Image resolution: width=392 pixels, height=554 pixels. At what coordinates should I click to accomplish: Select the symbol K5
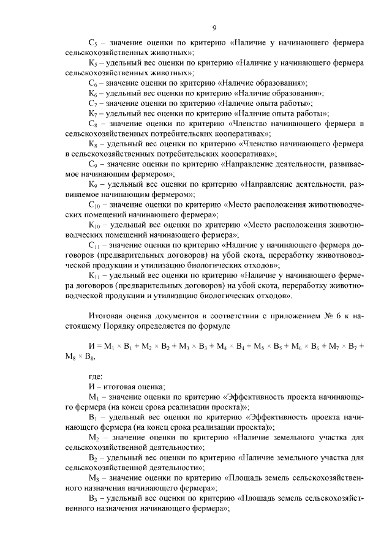click(x=92, y=62)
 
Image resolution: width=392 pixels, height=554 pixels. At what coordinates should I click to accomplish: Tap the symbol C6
click(x=92, y=82)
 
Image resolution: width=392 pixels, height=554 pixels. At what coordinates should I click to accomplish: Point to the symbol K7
click(x=92, y=113)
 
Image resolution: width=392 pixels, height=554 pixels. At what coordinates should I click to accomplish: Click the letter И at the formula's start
click(x=91, y=346)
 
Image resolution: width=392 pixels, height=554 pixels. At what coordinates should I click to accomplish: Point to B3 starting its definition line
click(x=92, y=498)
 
